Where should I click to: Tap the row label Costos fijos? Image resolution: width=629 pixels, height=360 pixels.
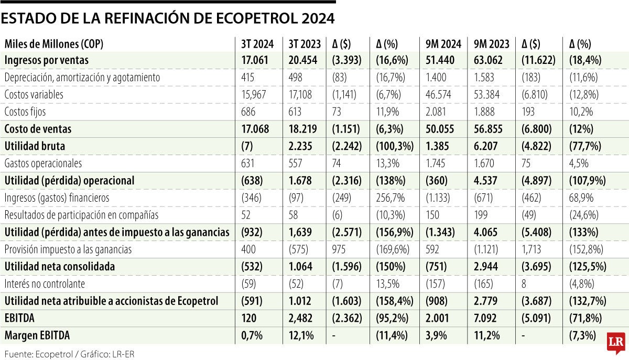tap(25, 112)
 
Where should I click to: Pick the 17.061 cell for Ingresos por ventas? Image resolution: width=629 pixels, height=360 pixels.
tap(255, 60)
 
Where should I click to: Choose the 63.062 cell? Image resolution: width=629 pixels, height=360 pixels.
tap(487, 60)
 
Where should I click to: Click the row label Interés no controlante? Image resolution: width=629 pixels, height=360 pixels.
tap(45, 283)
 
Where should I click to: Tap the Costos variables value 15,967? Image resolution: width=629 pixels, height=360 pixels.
tap(255, 95)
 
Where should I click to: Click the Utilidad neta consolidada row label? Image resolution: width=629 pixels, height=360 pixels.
tap(59, 267)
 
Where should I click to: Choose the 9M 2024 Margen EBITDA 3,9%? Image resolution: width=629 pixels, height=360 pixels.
tap(433, 335)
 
